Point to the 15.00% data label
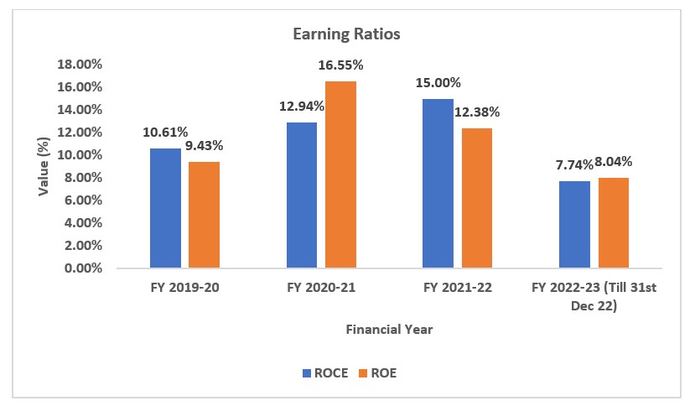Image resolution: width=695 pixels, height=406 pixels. pos(438,82)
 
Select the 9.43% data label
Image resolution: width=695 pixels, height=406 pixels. pos(205,145)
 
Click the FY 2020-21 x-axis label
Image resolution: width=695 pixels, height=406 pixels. pos(321,288)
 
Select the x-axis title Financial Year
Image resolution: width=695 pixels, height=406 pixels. pos(389,330)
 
